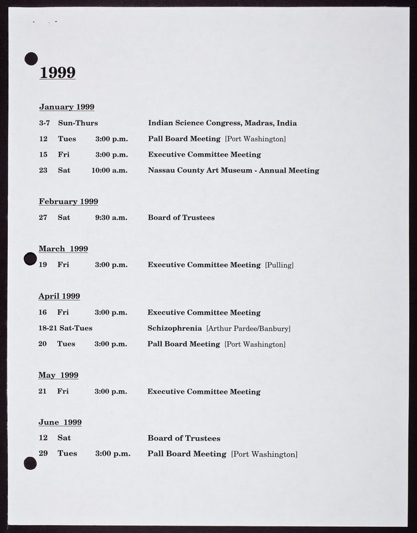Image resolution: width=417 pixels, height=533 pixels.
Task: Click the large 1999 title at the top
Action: coord(57,73)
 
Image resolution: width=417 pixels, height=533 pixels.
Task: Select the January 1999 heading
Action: coord(67,107)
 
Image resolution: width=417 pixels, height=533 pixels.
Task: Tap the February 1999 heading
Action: coord(69,201)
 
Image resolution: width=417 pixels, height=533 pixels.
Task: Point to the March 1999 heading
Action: coord(63,249)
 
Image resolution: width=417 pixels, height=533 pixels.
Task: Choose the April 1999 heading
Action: coord(59,296)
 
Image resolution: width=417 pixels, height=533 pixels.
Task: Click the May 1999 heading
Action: coord(59,375)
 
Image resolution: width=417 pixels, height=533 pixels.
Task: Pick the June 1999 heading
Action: coord(60,422)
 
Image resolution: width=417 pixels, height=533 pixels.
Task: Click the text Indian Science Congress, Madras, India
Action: coord(222,123)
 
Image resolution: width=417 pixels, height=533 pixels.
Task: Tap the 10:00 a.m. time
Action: coord(109,171)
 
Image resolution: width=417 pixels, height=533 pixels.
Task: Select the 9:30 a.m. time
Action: coord(110,217)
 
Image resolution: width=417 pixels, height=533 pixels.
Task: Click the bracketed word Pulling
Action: coord(279,265)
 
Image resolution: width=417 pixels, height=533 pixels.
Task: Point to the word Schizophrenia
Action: coord(174,328)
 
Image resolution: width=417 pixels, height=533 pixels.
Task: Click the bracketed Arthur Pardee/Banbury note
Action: coord(248,328)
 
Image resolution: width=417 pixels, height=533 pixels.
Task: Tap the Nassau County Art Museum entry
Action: coord(233,171)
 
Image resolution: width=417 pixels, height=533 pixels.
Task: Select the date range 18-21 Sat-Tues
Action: coord(65,328)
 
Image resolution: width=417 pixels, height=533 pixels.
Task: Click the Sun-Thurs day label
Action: coord(78,123)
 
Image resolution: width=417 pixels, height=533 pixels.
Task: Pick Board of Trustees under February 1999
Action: coord(181,217)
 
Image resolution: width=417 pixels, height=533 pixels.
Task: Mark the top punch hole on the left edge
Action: coord(31,59)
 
